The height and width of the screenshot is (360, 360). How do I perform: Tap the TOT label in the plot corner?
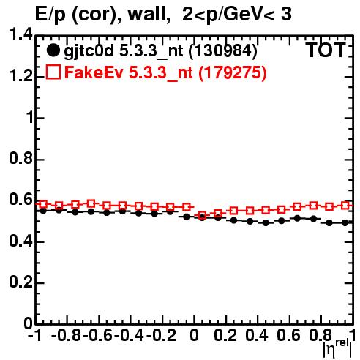325,50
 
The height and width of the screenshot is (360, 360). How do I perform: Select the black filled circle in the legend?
53,50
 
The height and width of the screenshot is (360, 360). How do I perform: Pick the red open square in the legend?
53,72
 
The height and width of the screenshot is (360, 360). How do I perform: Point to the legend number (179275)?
233,72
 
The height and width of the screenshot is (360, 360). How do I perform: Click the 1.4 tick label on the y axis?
20,34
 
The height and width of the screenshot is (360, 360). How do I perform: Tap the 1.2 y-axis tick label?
20,77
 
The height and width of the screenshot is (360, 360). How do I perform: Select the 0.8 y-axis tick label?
20,158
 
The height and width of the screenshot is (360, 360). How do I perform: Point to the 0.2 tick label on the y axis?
20,282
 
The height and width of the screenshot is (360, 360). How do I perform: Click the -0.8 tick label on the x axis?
66,335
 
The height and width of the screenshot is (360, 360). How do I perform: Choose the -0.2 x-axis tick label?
161,335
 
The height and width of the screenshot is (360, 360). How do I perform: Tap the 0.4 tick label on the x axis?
256,335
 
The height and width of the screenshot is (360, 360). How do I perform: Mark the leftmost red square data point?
43,204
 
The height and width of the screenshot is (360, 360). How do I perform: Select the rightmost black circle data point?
345,222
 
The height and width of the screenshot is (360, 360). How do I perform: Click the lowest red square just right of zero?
202,215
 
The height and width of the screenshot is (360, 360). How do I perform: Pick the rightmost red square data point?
345,206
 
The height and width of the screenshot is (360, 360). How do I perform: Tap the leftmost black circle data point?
43,211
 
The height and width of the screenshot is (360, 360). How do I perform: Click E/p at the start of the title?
50,15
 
